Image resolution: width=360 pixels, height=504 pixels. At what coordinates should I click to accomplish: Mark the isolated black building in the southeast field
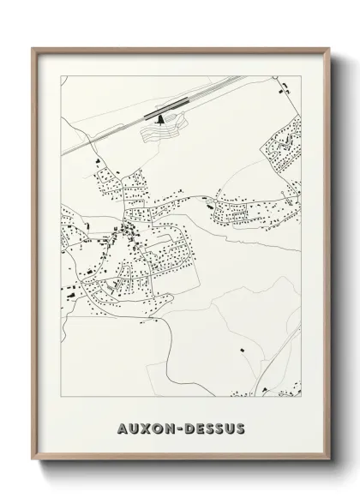[x=242, y=350]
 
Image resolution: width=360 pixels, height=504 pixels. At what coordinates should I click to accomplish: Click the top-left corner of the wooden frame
[x=33, y=48]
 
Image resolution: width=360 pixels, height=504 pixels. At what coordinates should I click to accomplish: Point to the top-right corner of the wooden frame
[x=328, y=48]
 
